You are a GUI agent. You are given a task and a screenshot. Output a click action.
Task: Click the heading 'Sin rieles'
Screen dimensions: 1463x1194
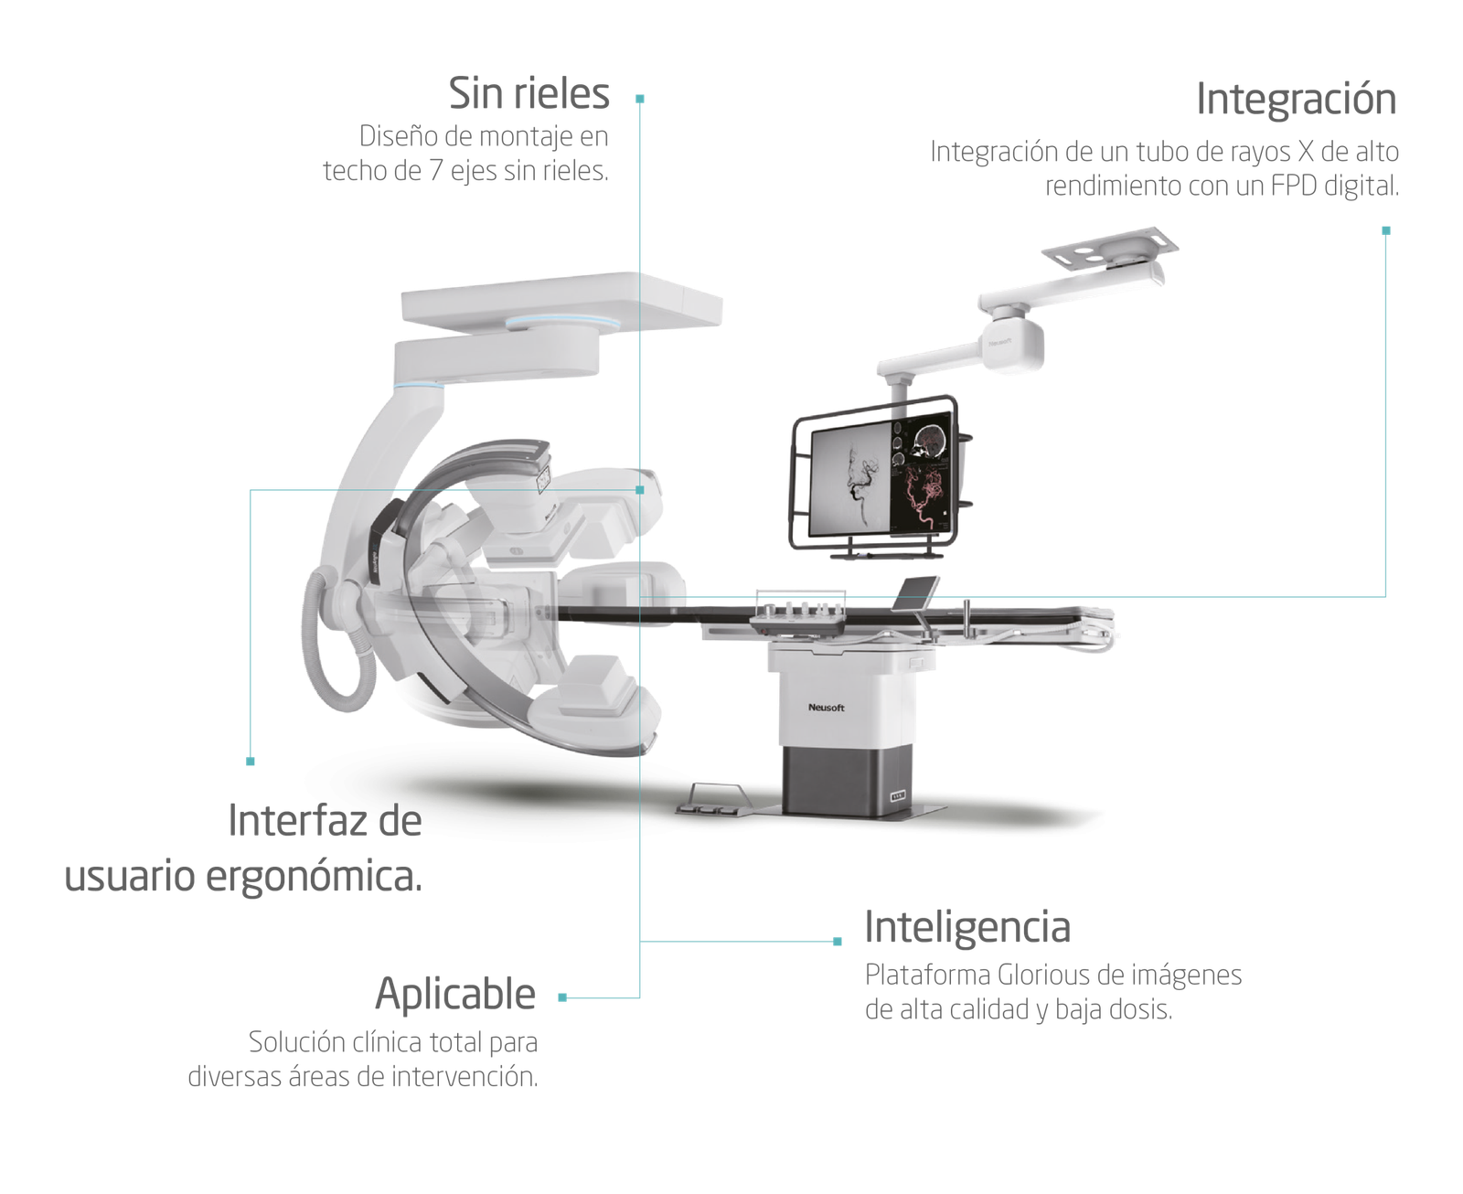pos(529,93)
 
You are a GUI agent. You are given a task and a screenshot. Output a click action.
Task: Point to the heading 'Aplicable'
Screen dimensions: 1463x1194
pos(455,994)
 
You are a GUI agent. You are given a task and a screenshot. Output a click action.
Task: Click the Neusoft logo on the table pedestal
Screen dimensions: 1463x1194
pos(827,708)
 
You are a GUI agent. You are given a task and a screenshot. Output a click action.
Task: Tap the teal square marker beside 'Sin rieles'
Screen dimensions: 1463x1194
pos(639,100)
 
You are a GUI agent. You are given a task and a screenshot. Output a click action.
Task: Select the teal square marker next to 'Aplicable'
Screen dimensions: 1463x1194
pos(562,997)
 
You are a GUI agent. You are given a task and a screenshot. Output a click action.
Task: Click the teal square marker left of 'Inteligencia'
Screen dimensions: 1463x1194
pos(838,942)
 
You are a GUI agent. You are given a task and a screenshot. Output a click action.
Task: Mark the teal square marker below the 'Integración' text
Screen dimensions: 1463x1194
pos(1386,230)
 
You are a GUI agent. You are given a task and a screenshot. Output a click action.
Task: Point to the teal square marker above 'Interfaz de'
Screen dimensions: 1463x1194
pos(251,761)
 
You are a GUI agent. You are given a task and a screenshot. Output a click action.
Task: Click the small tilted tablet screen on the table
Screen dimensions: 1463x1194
pos(915,594)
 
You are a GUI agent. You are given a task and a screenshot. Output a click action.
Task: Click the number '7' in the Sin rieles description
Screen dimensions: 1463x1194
pos(435,171)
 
